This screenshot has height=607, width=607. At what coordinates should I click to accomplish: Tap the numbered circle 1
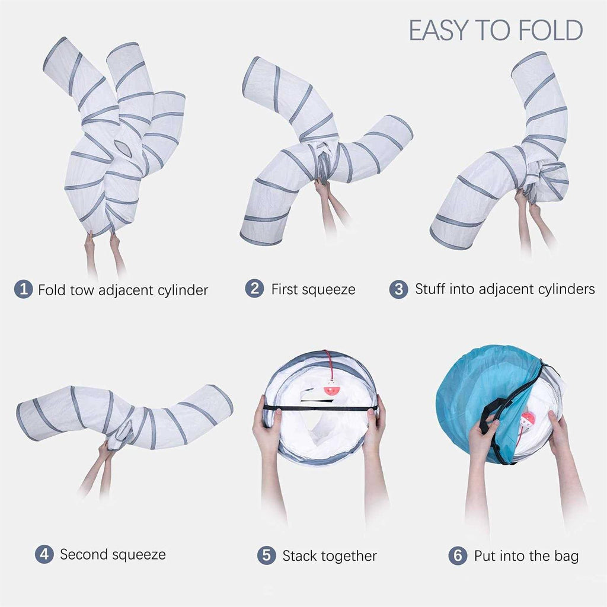tap(23, 289)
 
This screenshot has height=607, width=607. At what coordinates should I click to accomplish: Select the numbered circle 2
tap(254, 289)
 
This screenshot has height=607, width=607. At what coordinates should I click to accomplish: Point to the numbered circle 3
tap(399, 289)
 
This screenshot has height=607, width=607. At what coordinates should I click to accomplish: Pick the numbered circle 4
tap(44, 554)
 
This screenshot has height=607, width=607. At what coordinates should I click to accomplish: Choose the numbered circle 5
tap(267, 555)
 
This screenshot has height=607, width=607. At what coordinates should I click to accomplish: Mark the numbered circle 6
tap(458, 555)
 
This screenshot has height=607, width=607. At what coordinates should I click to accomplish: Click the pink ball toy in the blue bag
tap(528, 419)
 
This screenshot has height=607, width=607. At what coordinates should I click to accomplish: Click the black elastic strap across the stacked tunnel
tap(321, 408)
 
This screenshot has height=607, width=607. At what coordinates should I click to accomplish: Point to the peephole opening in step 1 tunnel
tap(123, 149)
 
